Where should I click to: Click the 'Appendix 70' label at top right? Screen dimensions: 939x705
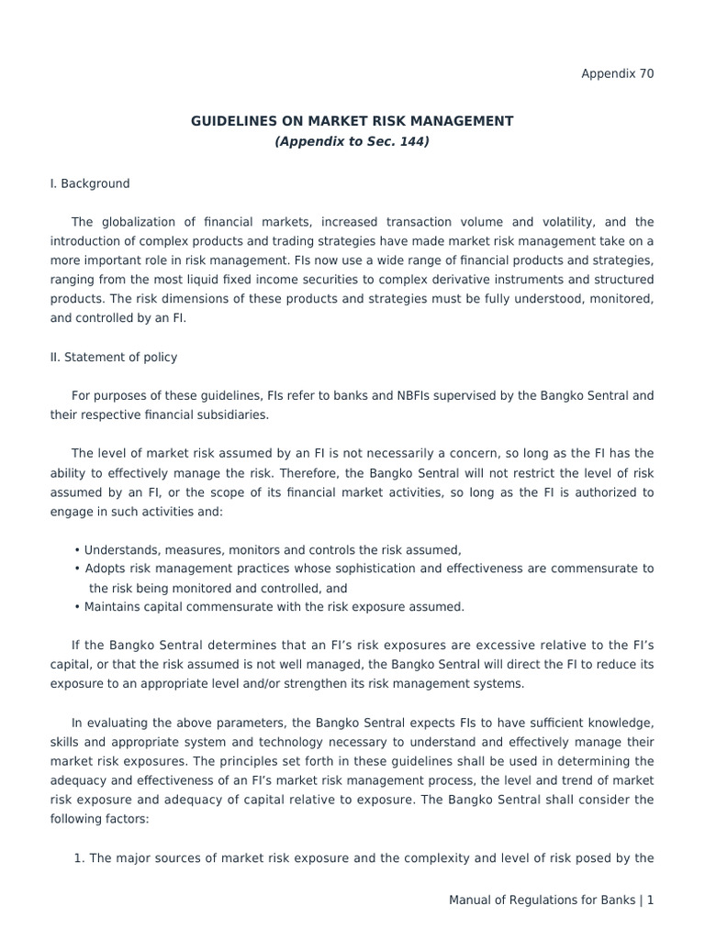pyautogui.click(x=618, y=74)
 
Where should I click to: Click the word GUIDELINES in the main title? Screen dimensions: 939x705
pyautogui.click(x=233, y=121)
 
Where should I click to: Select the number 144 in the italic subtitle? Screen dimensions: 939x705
pyautogui.click(x=410, y=141)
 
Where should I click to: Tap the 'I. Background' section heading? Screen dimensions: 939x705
pyautogui.click(x=90, y=183)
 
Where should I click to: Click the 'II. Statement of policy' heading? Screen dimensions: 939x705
pyautogui.click(x=114, y=357)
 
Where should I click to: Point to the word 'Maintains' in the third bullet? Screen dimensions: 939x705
pyautogui.click(x=112, y=606)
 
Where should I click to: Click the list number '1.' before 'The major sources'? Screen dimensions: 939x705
pyautogui.click(x=79, y=858)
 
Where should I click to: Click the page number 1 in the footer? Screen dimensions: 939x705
pyautogui.click(x=650, y=900)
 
